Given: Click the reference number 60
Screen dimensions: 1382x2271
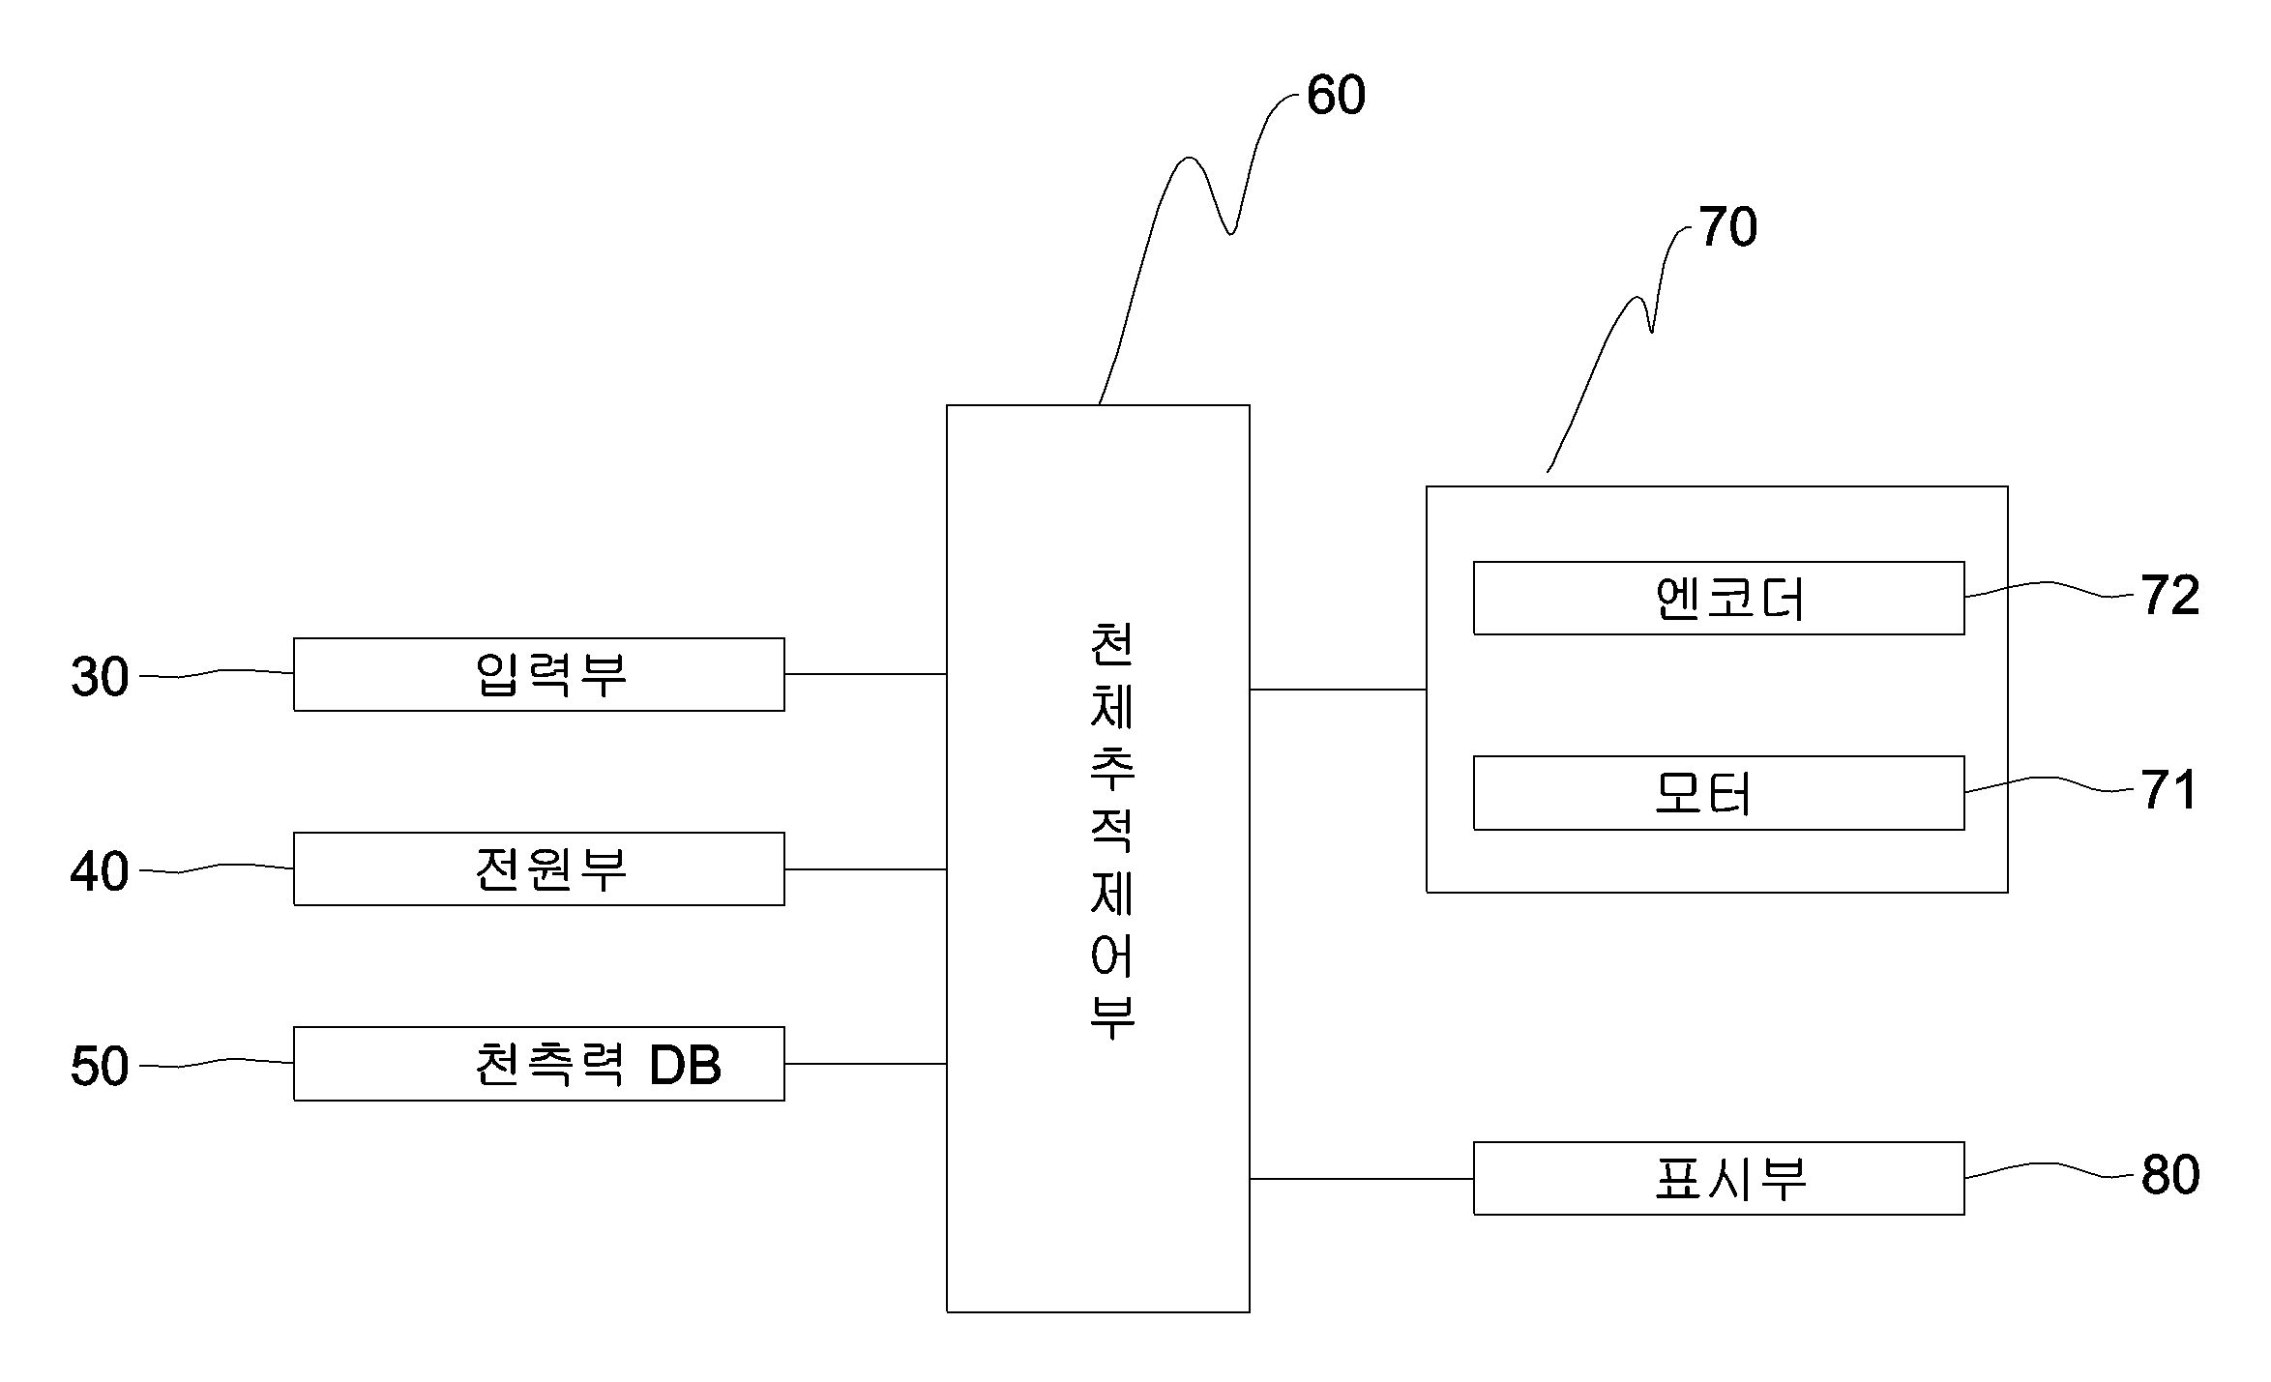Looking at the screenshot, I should click(x=1336, y=95).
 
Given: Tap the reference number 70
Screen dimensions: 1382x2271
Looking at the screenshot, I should click(x=1727, y=227).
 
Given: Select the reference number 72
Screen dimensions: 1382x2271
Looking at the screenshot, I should click(x=2169, y=595).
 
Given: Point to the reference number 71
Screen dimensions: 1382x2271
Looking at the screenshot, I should click(x=2168, y=790).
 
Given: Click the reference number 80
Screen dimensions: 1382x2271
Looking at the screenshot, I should click(x=2169, y=1175).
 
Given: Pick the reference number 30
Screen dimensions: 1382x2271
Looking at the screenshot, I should click(x=100, y=677).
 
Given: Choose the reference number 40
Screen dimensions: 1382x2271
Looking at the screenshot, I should click(x=100, y=871).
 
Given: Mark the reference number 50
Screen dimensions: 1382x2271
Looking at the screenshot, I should click(x=100, y=1066).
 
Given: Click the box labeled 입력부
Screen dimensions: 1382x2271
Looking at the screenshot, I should click(x=539, y=674).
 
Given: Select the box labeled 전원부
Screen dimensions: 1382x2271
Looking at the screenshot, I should click(x=539, y=868).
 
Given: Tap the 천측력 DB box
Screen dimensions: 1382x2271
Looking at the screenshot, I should click(x=539, y=1064).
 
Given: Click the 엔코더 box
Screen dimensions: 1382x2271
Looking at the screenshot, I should click(x=1718, y=598).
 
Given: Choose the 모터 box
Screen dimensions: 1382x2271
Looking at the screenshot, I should click(x=1718, y=793).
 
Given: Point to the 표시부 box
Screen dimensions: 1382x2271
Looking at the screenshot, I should click(x=1718, y=1178).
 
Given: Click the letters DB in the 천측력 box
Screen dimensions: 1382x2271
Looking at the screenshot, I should click(x=685, y=1065).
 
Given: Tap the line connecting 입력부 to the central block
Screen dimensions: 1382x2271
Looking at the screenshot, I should click(x=865, y=674).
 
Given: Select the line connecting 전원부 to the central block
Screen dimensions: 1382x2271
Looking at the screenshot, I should click(x=865, y=869).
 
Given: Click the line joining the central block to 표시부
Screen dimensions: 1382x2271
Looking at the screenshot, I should click(x=1361, y=1179).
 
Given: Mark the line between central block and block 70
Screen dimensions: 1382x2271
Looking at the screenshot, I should click(x=1338, y=690).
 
